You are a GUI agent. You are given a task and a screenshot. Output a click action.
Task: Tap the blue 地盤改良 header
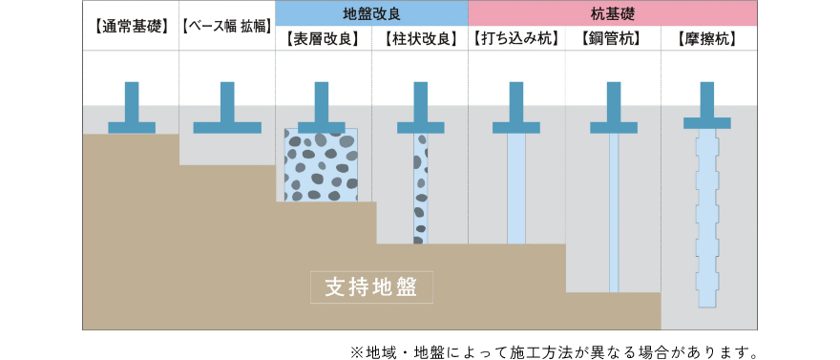371,13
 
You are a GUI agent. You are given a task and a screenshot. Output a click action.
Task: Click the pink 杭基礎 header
613,13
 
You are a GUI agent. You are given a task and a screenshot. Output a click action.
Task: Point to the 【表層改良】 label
323,39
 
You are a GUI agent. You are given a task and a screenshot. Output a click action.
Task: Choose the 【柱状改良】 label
419,39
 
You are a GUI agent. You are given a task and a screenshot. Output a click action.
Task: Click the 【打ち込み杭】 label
515,39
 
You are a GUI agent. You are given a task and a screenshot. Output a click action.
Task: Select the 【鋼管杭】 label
612,39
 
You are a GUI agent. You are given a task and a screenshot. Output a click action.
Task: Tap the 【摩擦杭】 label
708,39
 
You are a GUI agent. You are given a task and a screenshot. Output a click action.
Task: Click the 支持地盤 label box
371,287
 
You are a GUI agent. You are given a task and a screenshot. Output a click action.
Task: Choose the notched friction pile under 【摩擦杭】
707,220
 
